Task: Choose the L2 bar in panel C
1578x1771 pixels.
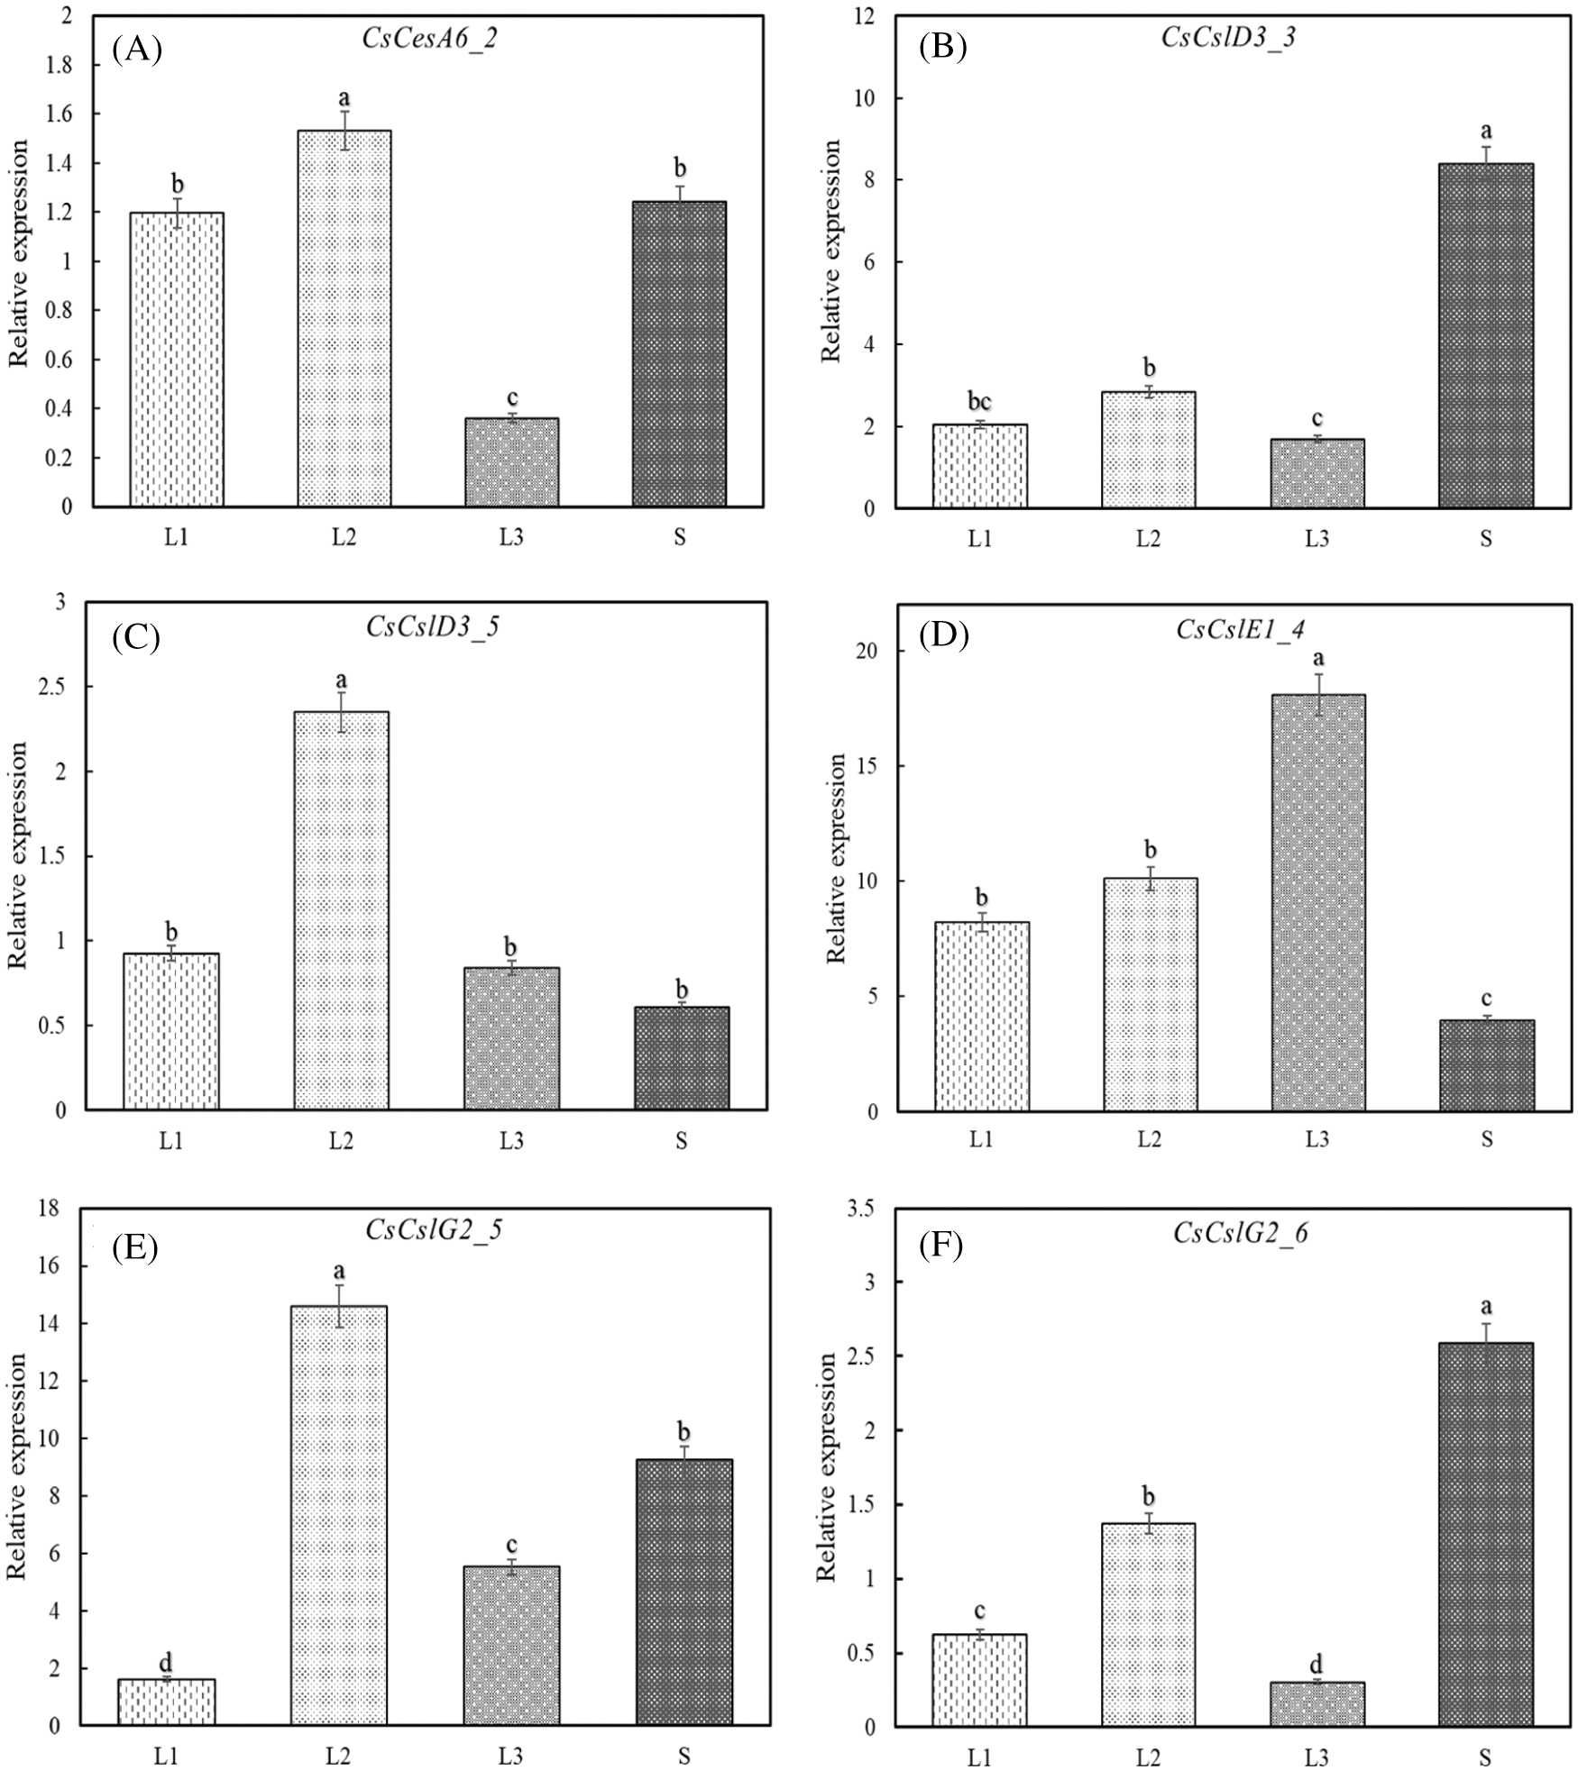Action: [341, 910]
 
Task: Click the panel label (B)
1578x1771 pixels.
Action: [942, 48]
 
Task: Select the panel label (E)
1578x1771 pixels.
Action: [134, 1247]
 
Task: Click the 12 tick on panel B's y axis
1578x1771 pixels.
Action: [869, 16]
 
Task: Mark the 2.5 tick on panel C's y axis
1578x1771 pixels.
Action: [56, 687]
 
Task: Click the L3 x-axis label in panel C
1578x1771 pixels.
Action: [510, 1140]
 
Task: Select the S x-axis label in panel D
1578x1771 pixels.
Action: [1486, 1139]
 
